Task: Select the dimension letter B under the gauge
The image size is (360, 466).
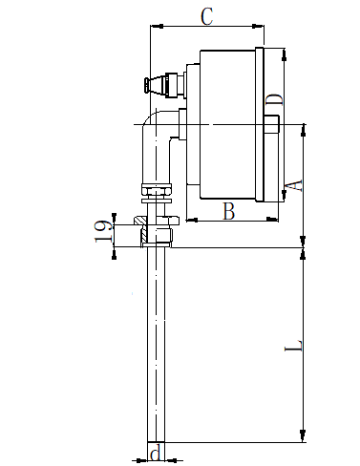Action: (x=228, y=211)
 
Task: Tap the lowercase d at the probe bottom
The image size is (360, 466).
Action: (x=155, y=454)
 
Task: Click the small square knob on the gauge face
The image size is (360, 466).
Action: (x=272, y=125)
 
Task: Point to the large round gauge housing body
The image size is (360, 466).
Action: (x=229, y=124)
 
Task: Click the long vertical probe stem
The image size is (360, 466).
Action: (x=156, y=344)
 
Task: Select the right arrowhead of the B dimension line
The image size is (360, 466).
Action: (x=277, y=221)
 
